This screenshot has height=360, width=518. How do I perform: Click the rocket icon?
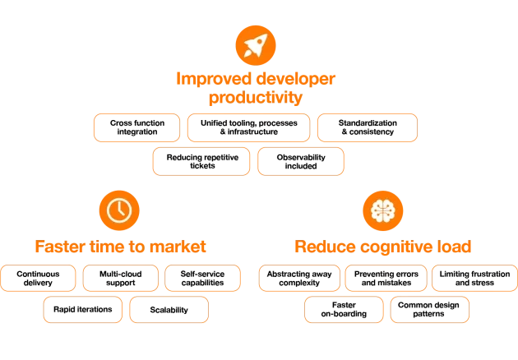point(255,45)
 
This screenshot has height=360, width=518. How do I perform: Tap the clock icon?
point(119,210)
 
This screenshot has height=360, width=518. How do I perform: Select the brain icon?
point(383,210)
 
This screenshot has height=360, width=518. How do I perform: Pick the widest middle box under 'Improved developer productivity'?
point(248,128)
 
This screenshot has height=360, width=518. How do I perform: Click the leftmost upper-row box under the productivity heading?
point(136,128)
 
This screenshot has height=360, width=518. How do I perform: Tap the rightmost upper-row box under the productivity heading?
point(368,128)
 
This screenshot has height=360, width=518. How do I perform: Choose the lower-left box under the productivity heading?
point(201,162)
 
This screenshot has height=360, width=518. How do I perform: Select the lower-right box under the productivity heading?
point(301,162)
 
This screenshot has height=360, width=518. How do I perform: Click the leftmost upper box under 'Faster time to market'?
point(39,279)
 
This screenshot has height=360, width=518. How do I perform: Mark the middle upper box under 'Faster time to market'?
point(121,279)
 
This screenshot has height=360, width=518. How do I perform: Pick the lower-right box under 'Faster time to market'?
point(169,311)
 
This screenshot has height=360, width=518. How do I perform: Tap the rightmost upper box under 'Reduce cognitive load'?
point(474,279)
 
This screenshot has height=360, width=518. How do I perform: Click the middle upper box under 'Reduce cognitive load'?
point(386,279)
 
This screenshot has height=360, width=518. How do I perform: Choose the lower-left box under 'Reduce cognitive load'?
point(345,311)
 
